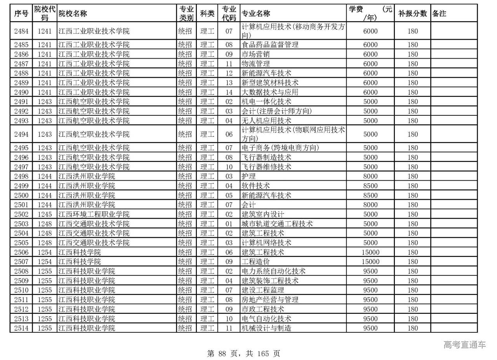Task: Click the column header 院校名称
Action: tap(73, 14)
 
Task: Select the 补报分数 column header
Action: tap(412, 14)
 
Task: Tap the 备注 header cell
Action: tap(439, 14)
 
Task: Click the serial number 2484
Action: tap(21, 31)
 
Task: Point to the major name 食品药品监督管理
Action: tap(270, 45)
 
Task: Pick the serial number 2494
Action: tap(21, 134)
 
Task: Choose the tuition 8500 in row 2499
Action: tap(370, 186)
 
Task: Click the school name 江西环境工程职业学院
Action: tap(94, 214)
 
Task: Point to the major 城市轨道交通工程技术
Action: tap(277, 224)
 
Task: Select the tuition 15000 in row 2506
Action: tap(370, 252)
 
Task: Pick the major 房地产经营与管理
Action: tap(270, 300)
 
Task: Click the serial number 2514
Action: tap(21, 328)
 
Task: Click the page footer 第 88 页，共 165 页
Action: tap(244, 353)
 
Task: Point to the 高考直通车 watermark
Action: tap(464, 344)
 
